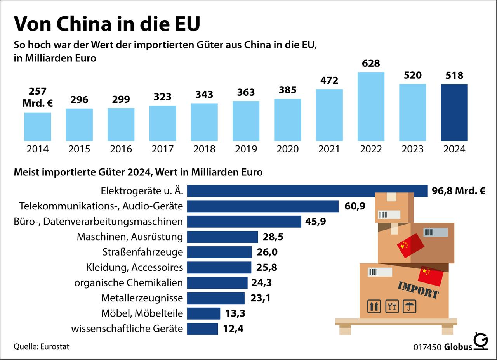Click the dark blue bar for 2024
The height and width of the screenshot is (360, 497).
pos(454,112)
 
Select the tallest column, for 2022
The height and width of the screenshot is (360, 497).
pos(371,107)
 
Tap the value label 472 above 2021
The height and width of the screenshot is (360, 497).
pos(329,80)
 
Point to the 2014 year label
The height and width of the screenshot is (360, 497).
pos(38,149)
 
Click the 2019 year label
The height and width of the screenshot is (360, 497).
pos(246,149)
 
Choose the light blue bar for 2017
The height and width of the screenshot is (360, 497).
pos(163,123)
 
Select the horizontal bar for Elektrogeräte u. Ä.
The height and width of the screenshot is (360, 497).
pos(307,191)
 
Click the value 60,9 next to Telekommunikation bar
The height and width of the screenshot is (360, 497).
pos(355,206)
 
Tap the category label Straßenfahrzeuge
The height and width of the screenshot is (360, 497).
pos(142,252)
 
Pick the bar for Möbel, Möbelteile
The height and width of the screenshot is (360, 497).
pos(203,313)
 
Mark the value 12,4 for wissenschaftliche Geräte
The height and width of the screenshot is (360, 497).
pos(233,329)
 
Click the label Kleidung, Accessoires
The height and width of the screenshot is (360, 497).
pos(134,267)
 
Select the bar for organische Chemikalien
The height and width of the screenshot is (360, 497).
pos(217,283)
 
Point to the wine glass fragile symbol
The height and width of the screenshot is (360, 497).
pos(392,306)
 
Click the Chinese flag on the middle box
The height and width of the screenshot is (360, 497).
pos(410,246)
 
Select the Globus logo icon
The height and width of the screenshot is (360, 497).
pos(481,341)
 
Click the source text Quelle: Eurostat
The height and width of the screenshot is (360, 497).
pos(42,346)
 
